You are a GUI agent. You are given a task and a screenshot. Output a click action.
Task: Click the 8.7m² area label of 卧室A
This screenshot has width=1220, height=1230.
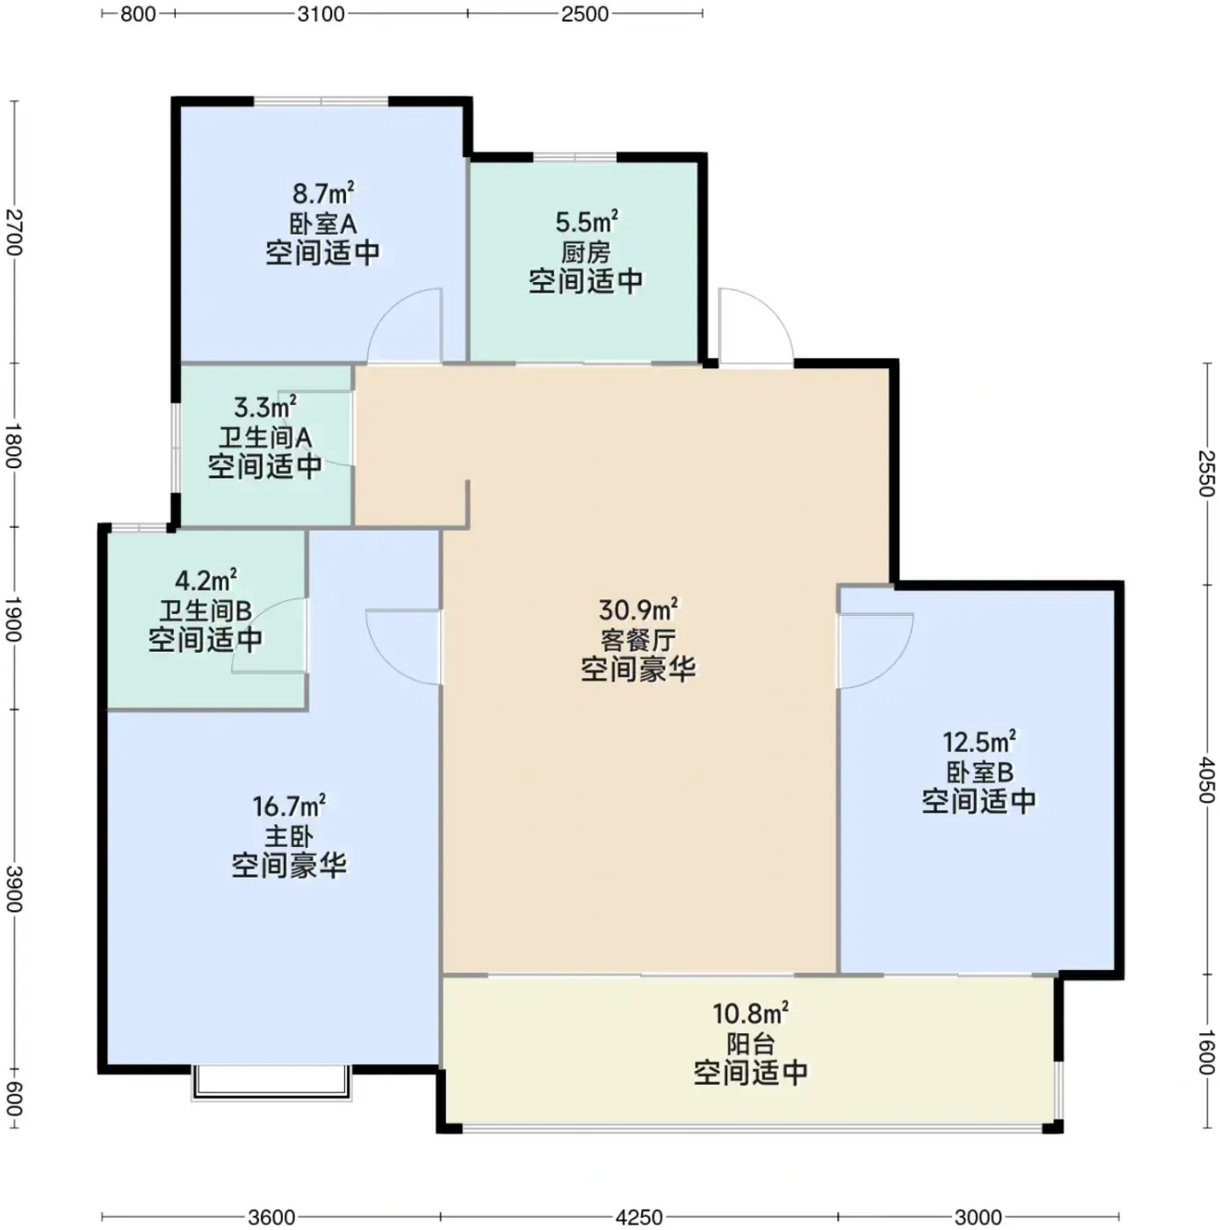pos(323,192)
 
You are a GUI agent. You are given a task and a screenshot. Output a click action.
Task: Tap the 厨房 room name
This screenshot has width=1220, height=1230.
pos(586,253)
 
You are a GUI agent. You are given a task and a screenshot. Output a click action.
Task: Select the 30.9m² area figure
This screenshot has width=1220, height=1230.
pos(638,611)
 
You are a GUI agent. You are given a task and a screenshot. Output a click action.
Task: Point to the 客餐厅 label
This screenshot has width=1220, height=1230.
pos(638,640)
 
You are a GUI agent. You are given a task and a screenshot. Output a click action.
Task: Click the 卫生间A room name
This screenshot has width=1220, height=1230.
pos(265,438)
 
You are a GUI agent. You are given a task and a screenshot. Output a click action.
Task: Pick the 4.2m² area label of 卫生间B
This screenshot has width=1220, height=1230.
pos(206,580)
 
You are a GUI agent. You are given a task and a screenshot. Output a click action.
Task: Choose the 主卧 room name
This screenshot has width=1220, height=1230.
pos(289,836)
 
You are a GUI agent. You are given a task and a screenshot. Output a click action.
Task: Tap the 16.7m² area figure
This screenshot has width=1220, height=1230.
pos(289,807)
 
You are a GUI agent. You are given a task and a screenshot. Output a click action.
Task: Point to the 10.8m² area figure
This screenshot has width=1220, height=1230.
pos(750,1014)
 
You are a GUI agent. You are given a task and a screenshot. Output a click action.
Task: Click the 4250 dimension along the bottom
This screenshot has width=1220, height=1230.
pos(639,1217)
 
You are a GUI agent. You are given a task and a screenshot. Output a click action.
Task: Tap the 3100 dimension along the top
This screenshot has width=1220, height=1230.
pos(321,13)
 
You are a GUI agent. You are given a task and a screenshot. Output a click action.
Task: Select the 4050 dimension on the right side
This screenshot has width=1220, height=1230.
pos(1205,780)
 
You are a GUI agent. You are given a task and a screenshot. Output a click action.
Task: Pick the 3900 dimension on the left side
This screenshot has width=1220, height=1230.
pos(14,888)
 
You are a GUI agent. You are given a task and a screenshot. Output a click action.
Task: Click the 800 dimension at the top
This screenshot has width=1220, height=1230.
pos(138,13)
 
